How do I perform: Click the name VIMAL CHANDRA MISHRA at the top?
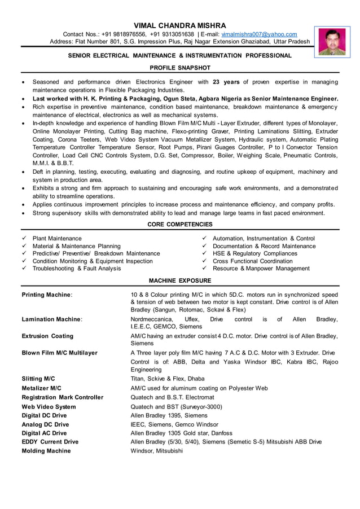179,25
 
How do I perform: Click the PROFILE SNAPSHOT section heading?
179,68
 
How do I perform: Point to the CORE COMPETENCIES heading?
179,225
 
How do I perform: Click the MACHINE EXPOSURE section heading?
179,280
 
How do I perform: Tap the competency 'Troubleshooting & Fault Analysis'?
77,269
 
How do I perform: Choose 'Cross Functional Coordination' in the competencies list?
252,261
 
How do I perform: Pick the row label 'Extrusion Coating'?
47,336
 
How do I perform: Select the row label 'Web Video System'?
49,406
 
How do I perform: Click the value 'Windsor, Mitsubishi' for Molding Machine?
156,451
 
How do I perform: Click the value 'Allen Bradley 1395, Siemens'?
169,415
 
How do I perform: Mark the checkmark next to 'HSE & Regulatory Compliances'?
205,254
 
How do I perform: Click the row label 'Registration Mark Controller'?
62,397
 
